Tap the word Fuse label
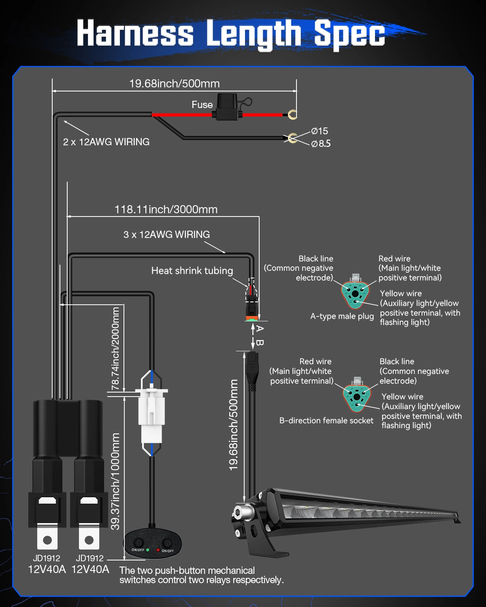tap(202, 105)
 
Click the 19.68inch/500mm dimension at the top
tap(174, 84)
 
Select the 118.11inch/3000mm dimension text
tap(166, 210)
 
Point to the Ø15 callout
tap(320, 131)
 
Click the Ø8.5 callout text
tap(321, 144)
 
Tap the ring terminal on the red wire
tap(292, 115)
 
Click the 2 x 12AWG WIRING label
tap(106, 142)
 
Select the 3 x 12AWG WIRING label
tap(166, 235)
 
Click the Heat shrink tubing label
tap(192, 271)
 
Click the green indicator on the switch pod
tap(147, 550)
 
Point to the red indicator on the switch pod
tap(158, 550)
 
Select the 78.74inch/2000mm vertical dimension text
tap(115, 349)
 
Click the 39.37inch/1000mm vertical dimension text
tap(115, 481)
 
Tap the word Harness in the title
tap(135, 33)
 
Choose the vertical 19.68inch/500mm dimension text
tap(234, 425)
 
